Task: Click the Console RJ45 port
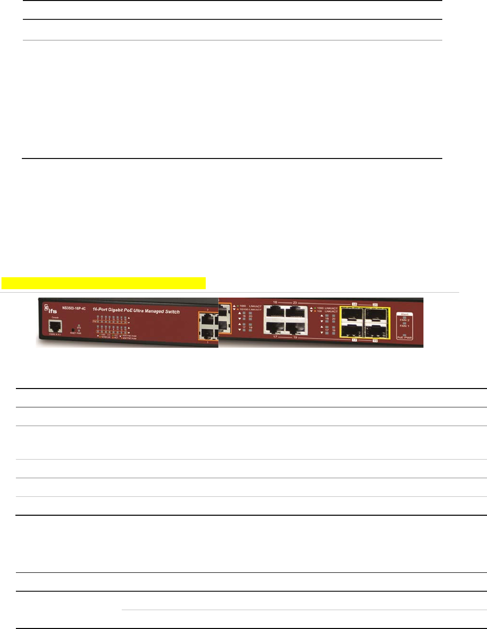coord(55,326)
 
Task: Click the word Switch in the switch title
coord(171,312)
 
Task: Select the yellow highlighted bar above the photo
coord(103,283)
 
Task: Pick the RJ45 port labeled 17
coord(274,327)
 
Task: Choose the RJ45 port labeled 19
coord(295,327)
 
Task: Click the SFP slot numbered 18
coord(353,315)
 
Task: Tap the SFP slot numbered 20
coord(376,315)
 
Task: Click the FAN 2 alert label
coord(405,320)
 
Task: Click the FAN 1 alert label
coord(405,326)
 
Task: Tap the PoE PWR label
coord(405,337)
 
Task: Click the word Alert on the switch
coord(405,314)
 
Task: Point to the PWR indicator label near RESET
coord(79,333)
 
